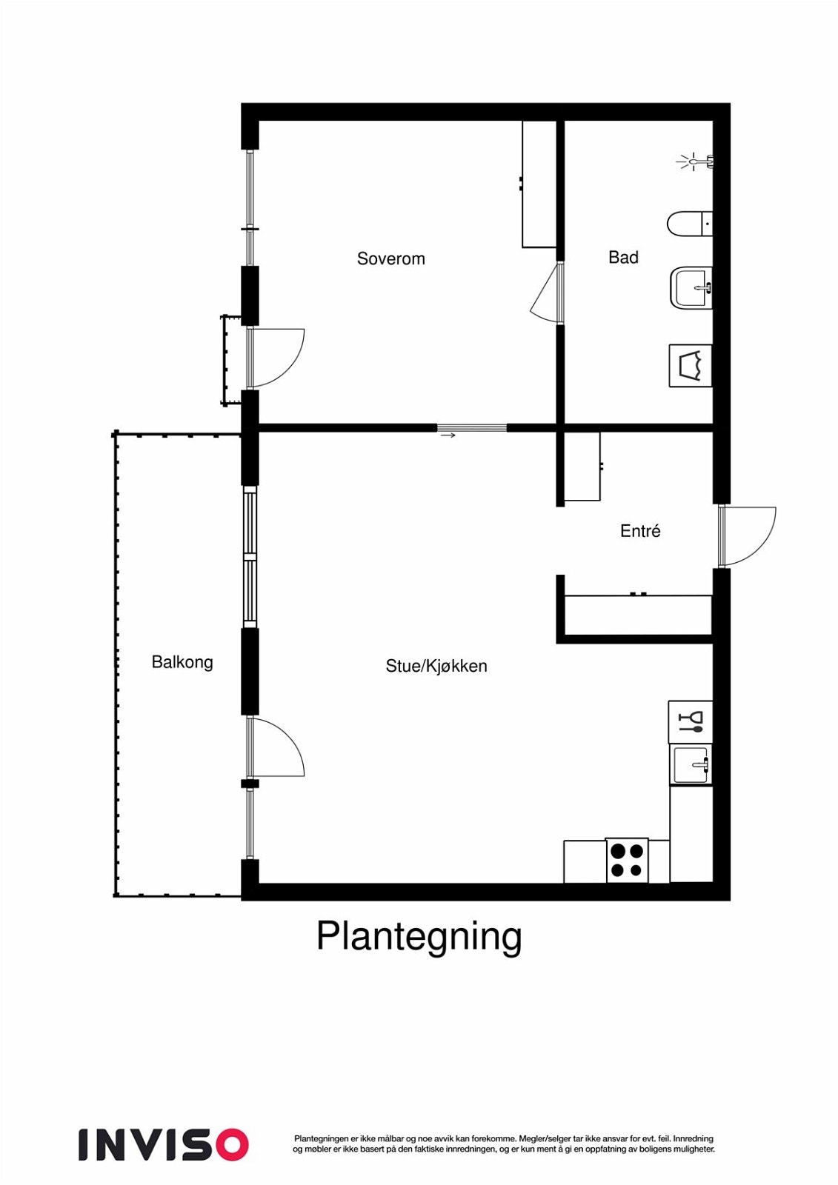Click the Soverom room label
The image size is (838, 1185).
[390, 258]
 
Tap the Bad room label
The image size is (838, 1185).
[623, 257]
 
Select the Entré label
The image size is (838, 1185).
[640, 530]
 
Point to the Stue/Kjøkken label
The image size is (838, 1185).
[436, 666]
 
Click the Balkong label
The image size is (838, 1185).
[182, 661]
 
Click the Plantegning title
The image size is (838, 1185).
[419, 936]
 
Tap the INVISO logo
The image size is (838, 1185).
[163, 1144]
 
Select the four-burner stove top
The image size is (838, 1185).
[627, 860]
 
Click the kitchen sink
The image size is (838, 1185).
[691, 764]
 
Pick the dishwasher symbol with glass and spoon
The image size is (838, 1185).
[691, 721]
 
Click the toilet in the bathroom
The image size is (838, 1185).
[688, 223]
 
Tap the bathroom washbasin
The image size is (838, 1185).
[691, 287]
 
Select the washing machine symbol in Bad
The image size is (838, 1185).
[691, 365]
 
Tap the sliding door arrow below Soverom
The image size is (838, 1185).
[448, 435]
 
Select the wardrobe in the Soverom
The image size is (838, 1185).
[539, 184]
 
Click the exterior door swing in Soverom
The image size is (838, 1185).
[276, 358]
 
